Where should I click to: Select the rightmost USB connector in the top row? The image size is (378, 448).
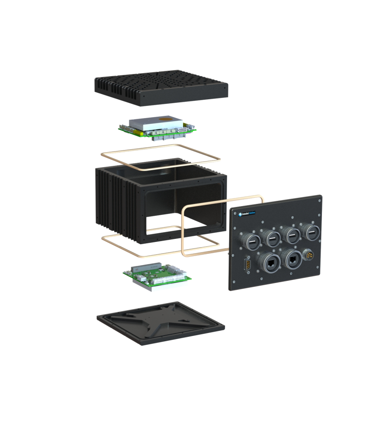pyautogui.click(x=311, y=231)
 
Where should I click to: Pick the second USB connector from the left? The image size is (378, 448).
pyautogui.click(x=272, y=238)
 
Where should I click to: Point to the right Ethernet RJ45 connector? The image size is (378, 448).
pyautogui.click(x=292, y=259)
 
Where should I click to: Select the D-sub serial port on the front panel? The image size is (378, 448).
pyautogui.click(x=247, y=265)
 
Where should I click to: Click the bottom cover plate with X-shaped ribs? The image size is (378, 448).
pyautogui.click(x=161, y=322)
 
